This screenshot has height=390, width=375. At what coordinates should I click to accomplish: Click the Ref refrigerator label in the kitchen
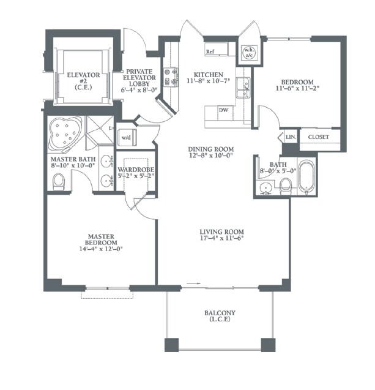210,51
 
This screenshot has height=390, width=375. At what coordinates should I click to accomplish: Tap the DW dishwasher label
223,110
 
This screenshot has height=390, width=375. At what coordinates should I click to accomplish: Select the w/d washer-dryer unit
127,138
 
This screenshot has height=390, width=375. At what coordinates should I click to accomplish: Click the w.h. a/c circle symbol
249,53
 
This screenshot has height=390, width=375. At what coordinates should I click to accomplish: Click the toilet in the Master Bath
59,182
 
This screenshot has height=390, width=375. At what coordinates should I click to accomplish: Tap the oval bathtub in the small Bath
307,178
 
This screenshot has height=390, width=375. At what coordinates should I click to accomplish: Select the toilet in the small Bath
286,187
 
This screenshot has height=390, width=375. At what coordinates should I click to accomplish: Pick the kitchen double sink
243,88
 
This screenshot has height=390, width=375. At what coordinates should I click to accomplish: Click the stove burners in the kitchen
171,77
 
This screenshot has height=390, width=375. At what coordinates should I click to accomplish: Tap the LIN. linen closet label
291,137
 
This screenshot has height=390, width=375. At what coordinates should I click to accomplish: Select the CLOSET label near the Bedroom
318,137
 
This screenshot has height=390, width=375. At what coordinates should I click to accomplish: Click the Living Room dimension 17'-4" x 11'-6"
221,238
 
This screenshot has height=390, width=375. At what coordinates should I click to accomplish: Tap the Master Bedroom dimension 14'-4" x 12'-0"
101,249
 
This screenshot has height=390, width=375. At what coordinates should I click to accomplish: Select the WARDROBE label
136,170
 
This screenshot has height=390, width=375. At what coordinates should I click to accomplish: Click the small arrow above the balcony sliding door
193,283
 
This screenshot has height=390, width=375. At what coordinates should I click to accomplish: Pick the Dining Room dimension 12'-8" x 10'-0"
210,156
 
